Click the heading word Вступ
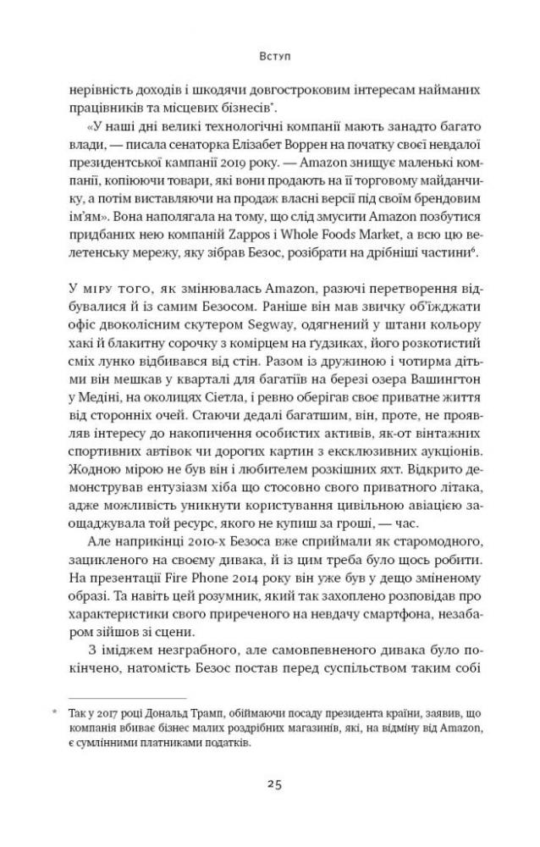point(269,59)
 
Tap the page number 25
point(270,783)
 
